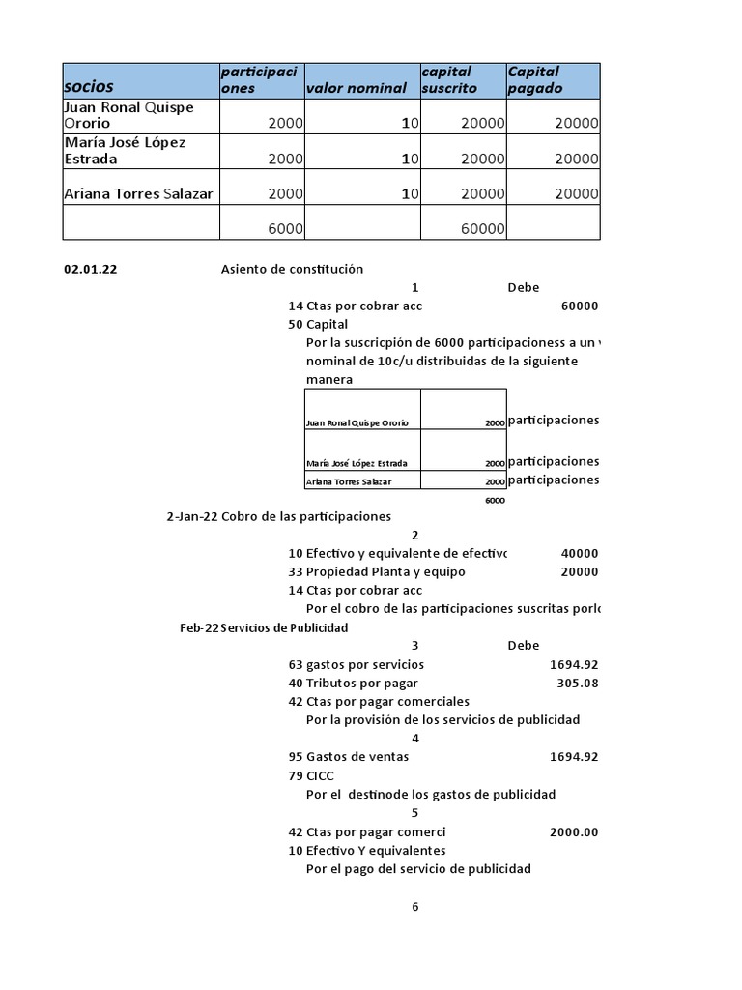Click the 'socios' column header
[x=89, y=87]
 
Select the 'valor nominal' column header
[x=356, y=89]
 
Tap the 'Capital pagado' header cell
[x=533, y=79]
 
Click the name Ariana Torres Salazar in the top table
[x=138, y=193]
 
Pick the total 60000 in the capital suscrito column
[x=483, y=228]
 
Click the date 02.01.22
[x=91, y=270]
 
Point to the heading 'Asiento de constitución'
[x=292, y=270]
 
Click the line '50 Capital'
[x=318, y=324]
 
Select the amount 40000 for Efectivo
[x=579, y=554]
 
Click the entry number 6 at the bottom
[x=415, y=906]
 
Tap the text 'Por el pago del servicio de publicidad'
[x=418, y=868]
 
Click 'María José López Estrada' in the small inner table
[x=356, y=463]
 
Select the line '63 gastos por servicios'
[x=357, y=664]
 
